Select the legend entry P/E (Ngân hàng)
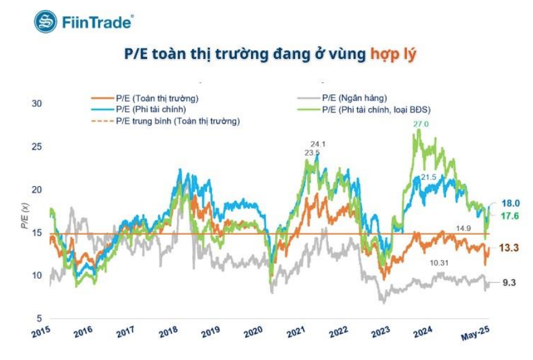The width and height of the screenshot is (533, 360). pos(354,98)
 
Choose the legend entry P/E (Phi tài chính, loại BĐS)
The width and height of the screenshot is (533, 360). pos(376,109)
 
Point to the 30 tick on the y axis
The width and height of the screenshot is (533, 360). pos(36,103)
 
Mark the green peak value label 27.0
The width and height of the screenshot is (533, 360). pos(421,124)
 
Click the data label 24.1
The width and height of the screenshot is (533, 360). pos(318,144)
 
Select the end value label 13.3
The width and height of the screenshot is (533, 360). pos(509,248)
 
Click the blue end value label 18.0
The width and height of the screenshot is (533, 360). pos(511,203)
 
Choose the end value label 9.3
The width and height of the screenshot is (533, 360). pos(509,282)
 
